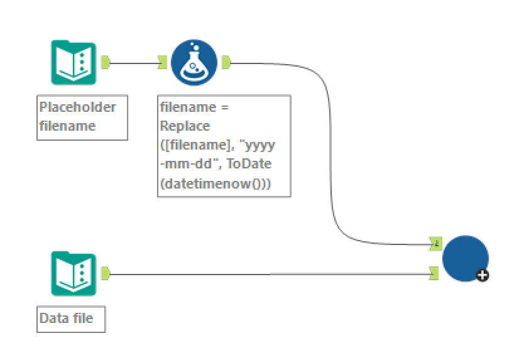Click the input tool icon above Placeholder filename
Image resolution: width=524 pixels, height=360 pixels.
pyautogui.click(x=74, y=62)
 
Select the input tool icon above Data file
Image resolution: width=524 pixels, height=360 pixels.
pyautogui.click(x=74, y=273)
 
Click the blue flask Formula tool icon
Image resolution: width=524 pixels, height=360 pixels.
pyautogui.click(x=194, y=62)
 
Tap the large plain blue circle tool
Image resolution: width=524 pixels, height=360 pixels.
pyautogui.click(x=465, y=258)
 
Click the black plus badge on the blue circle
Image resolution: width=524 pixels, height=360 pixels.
pyautogui.click(x=483, y=275)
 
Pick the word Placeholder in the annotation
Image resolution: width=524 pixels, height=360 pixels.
pyautogui.click(x=77, y=107)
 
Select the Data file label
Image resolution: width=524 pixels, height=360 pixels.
pyautogui.click(x=66, y=318)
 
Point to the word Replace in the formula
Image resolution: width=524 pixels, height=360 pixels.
pyautogui.click(x=185, y=126)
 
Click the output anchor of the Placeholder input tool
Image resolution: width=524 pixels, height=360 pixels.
pyautogui.click(x=106, y=62)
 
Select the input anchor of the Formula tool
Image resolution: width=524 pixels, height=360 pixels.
pyautogui.click(x=162, y=62)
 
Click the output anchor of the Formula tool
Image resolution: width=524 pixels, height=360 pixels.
pyautogui.click(x=226, y=62)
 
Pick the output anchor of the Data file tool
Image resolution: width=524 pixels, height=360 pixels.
pyautogui.click(x=106, y=273)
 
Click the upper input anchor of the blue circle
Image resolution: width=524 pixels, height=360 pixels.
pyautogui.click(x=435, y=243)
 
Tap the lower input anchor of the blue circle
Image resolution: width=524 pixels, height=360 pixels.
pyautogui.click(x=435, y=273)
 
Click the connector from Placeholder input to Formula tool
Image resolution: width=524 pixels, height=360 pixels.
pyautogui.click(x=134, y=62)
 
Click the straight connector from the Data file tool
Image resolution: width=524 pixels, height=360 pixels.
pyautogui.click(x=270, y=274)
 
